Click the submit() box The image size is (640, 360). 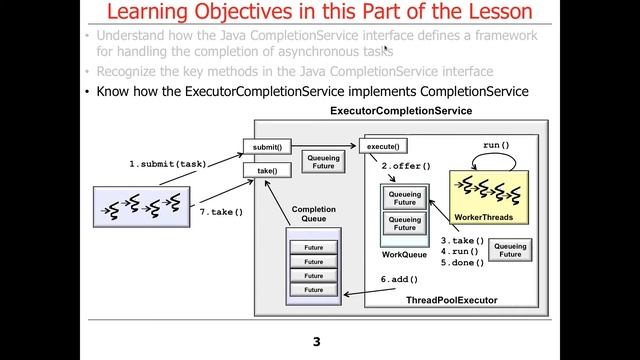pyautogui.click(x=267, y=147)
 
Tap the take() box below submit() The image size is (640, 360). pyautogui.click(x=267, y=171)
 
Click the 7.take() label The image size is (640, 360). pyautogui.click(x=221, y=212)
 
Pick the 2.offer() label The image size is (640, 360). pyautogui.click(x=406, y=165)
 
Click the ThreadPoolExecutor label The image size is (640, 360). pyautogui.click(x=451, y=300)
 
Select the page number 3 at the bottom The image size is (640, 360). pyautogui.click(x=317, y=342)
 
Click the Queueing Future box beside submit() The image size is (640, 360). pyautogui.click(x=323, y=161)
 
